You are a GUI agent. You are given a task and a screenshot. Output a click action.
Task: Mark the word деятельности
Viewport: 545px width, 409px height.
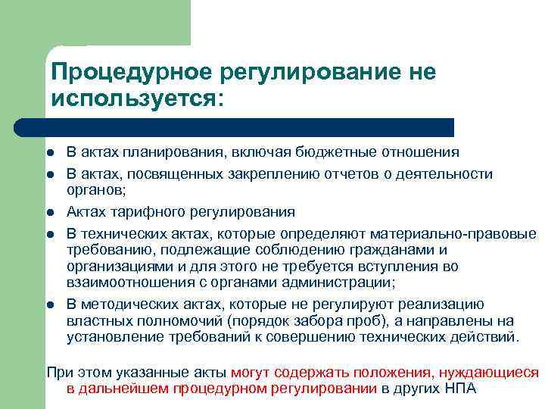(x=451, y=174)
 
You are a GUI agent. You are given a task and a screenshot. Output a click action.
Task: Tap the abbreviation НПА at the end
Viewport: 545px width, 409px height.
(x=461, y=389)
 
